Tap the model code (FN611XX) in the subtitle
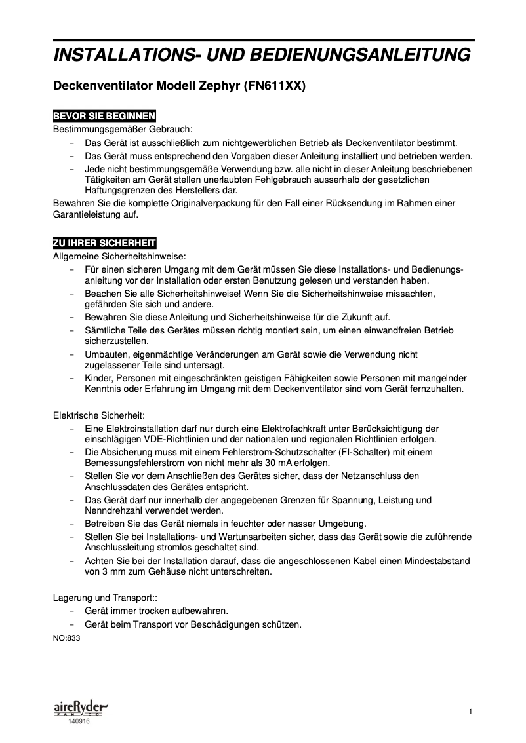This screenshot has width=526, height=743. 275,86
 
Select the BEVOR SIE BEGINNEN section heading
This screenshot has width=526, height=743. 104,116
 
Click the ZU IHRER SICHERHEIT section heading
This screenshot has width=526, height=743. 104,244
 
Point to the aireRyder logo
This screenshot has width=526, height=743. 79,708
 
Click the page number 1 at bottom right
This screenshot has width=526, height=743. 471,712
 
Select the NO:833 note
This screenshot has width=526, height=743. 66,636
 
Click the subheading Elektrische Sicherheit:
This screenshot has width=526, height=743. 98,415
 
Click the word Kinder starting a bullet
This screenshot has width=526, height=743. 98,378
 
